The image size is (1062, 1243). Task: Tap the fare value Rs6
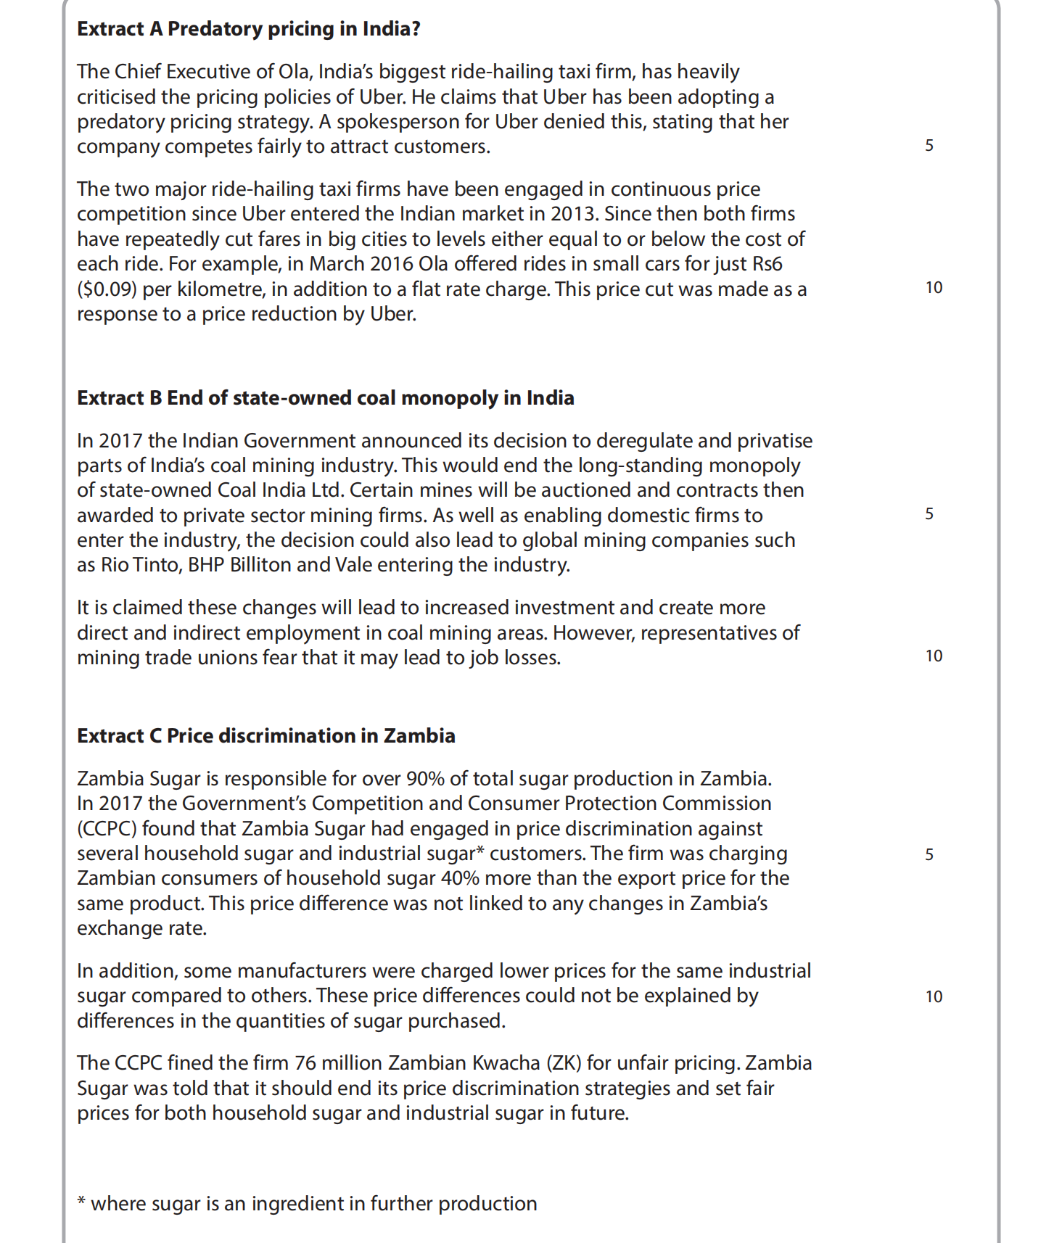click(x=767, y=264)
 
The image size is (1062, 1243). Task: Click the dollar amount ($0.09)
click(x=107, y=289)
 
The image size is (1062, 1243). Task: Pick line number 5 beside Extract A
click(x=929, y=146)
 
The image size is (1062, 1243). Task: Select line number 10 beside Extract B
click(x=934, y=656)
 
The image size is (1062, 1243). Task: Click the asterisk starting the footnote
click(x=81, y=1203)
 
